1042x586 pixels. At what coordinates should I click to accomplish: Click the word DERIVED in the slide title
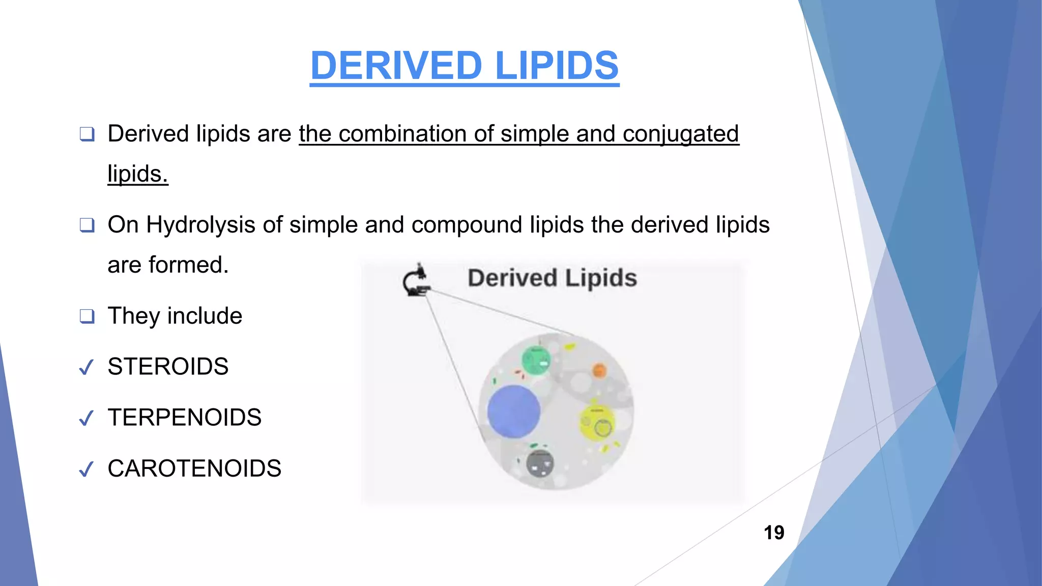pyautogui.click(x=396, y=66)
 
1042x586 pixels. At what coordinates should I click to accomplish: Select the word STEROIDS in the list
pyautogui.click(x=168, y=367)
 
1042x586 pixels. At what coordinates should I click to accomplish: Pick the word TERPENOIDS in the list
pyautogui.click(x=184, y=418)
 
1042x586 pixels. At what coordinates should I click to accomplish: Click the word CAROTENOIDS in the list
pyautogui.click(x=194, y=468)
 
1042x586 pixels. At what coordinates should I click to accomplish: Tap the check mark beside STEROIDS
pyautogui.click(x=86, y=367)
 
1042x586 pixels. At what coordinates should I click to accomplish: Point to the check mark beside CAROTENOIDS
pyautogui.click(x=86, y=469)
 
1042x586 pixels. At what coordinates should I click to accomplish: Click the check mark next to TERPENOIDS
pyautogui.click(x=86, y=418)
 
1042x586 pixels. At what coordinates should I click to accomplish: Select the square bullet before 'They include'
pyautogui.click(x=87, y=316)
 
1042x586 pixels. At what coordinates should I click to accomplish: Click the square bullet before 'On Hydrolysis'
pyautogui.click(x=87, y=225)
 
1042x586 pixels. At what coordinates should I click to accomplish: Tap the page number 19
pyautogui.click(x=774, y=533)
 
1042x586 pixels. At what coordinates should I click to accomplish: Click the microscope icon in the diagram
pyautogui.click(x=416, y=280)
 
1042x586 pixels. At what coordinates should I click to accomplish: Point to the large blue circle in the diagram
pyautogui.click(x=513, y=411)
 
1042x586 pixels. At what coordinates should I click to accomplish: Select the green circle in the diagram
pyautogui.click(x=536, y=360)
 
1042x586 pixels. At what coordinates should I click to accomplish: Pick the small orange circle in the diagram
pyautogui.click(x=599, y=370)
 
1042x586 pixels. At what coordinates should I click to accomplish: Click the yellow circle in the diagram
pyautogui.click(x=598, y=423)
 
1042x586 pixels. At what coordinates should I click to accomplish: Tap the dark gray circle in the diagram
pyautogui.click(x=540, y=463)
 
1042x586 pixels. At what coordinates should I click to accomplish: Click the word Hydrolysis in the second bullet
pyautogui.click(x=200, y=225)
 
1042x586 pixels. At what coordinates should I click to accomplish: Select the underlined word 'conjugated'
pyautogui.click(x=680, y=134)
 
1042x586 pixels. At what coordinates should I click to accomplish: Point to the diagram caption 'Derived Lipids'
pyautogui.click(x=552, y=278)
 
